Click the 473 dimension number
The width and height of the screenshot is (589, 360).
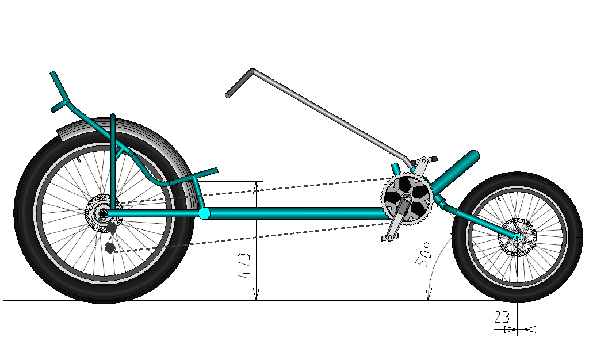245,265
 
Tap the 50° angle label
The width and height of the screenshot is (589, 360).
424,254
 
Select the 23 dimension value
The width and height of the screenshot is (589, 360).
502,317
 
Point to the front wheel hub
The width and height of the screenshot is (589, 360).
517,236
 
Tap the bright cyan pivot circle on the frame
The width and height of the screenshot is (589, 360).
204,214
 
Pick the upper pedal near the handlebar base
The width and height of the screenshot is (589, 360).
430,158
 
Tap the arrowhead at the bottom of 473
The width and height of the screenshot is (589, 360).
257,294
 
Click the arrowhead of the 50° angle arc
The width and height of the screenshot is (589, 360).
428,294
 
